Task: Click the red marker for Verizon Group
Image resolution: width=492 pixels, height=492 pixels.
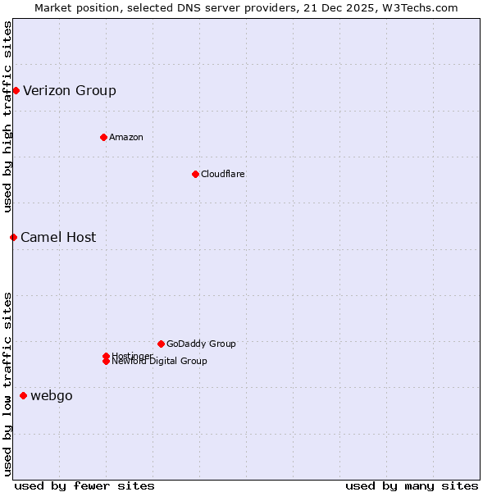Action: click(x=16, y=90)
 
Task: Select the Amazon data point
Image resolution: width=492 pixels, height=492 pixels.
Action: click(x=103, y=137)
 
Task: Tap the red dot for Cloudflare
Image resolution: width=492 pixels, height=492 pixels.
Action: click(x=195, y=174)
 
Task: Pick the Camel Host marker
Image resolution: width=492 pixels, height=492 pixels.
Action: click(x=13, y=237)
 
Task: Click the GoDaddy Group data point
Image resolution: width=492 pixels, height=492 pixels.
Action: click(x=161, y=344)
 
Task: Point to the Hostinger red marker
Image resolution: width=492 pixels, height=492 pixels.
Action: click(x=106, y=356)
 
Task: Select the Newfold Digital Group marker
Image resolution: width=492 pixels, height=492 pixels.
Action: click(x=106, y=362)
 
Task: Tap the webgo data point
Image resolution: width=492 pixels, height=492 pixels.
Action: click(x=23, y=396)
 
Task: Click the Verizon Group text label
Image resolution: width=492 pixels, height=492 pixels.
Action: click(x=70, y=90)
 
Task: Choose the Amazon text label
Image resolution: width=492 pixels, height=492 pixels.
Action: click(x=126, y=137)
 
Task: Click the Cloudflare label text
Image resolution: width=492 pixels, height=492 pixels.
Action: click(x=223, y=174)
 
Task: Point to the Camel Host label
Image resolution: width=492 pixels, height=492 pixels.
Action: click(x=58, y=237)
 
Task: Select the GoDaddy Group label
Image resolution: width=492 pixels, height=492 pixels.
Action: click(x=201, y=344)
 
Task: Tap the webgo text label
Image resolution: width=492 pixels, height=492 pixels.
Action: click(x=52, y=396)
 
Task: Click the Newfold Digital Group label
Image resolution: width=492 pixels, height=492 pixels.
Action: click(x=160, y=362)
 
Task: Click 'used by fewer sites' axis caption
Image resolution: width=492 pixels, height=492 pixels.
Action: click(x=84, y=485)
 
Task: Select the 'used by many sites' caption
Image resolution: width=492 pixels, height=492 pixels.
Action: click(x=412, y=485)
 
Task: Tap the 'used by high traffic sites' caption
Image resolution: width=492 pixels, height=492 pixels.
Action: click(x=8, y=117)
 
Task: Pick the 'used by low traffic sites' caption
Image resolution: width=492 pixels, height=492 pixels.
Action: click(x=8, y=383)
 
